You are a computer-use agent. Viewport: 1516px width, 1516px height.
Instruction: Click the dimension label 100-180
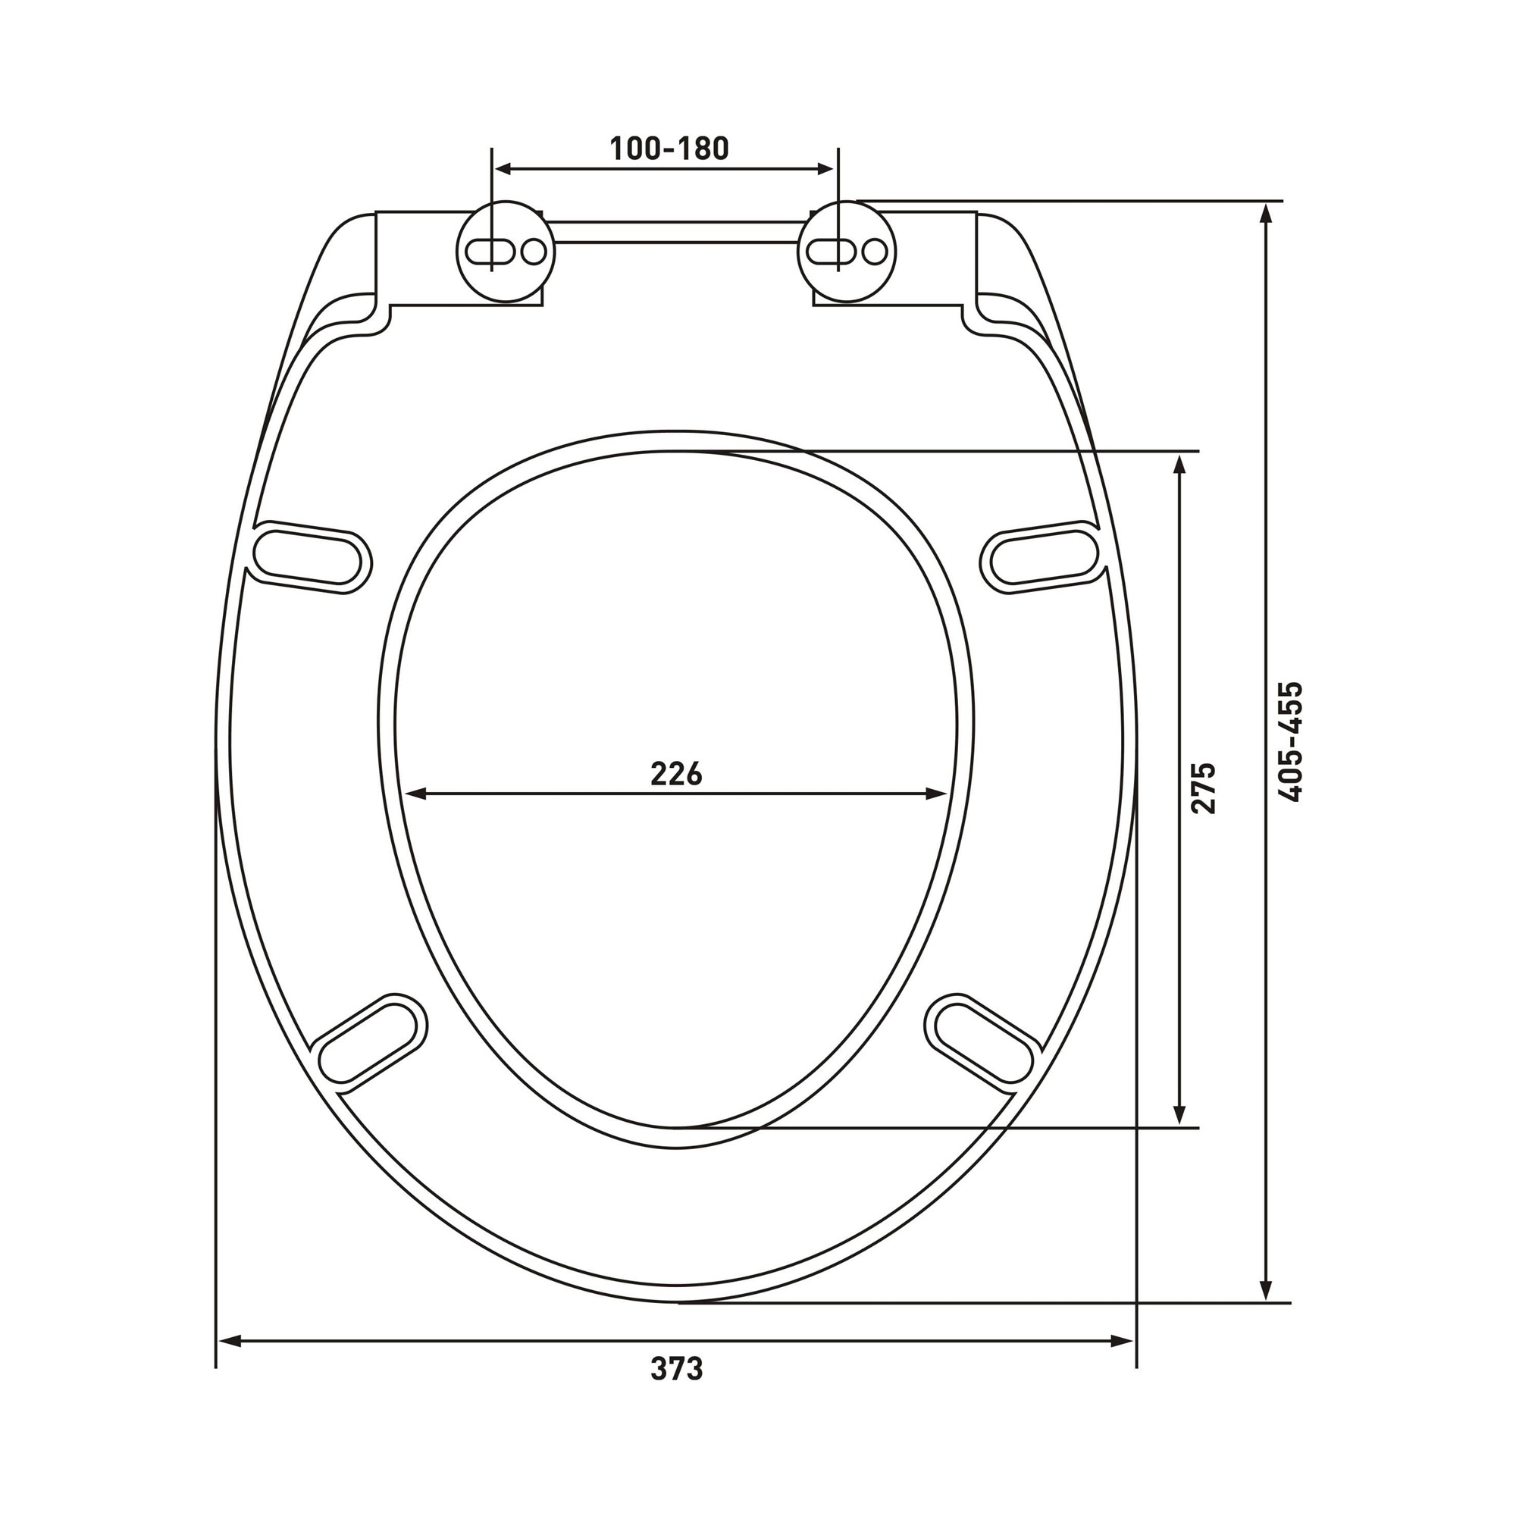pos(669,149)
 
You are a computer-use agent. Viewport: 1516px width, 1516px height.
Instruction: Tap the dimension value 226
pos(676,775)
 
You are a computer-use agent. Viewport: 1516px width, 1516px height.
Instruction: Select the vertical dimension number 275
pos(1203,787)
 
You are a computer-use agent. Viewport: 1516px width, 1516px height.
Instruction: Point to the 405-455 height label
pos(1290,741)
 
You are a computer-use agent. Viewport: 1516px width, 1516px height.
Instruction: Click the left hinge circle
pos(506,251)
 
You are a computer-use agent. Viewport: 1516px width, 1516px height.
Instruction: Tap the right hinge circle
pos(847,251)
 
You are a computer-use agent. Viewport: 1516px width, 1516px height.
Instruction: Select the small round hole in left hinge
pos(534,252)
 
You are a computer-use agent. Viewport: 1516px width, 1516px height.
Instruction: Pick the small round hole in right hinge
pos(875,252)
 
